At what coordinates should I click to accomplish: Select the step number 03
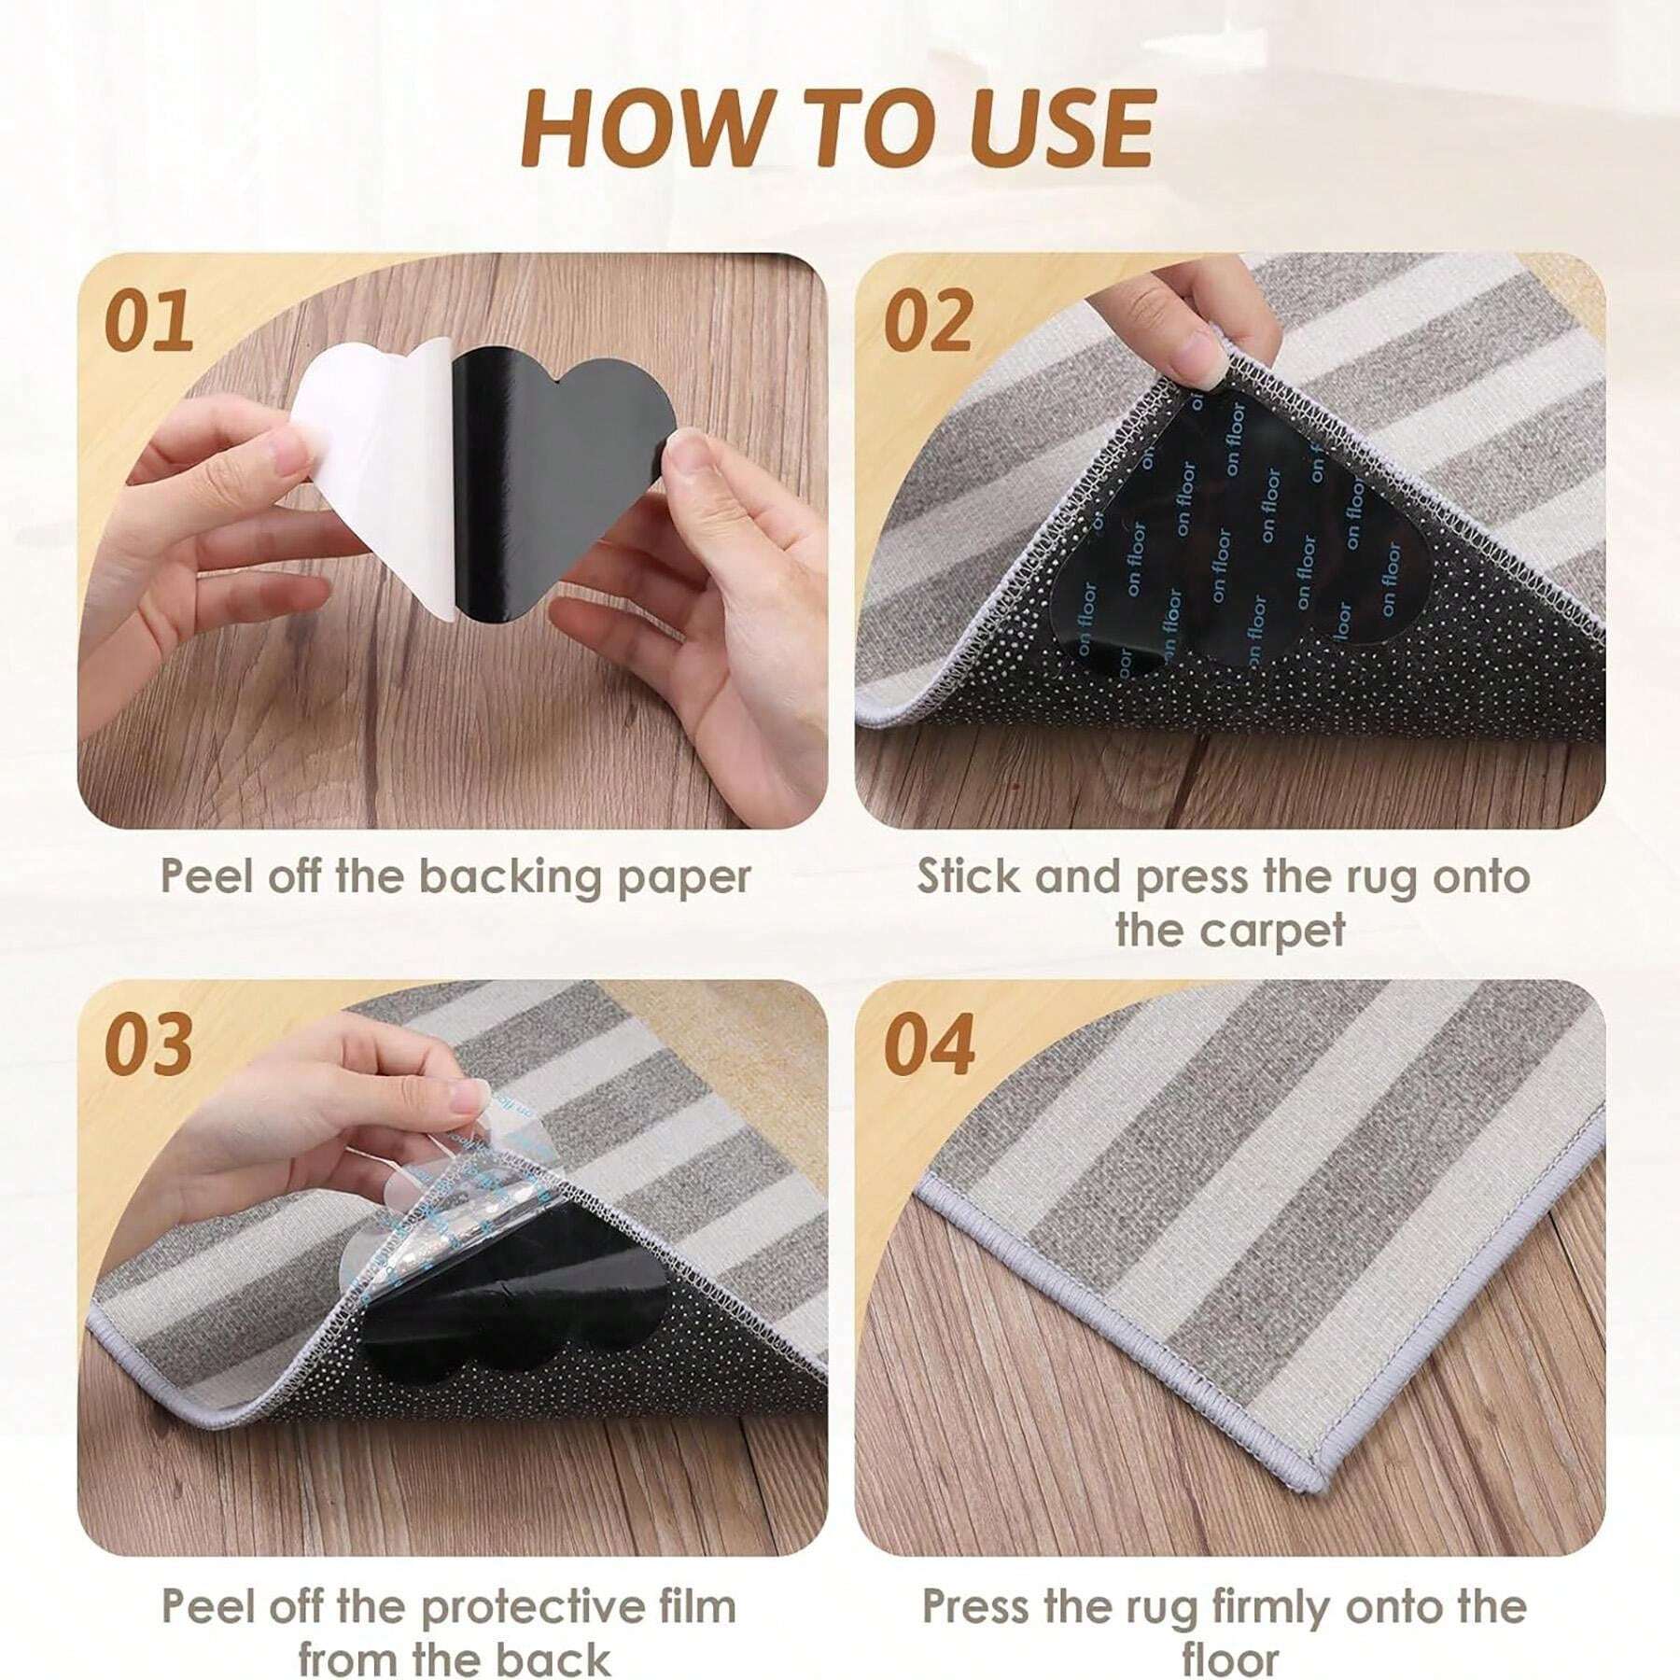pos(149,1043)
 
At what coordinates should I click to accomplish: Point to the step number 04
pos(930,1043)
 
